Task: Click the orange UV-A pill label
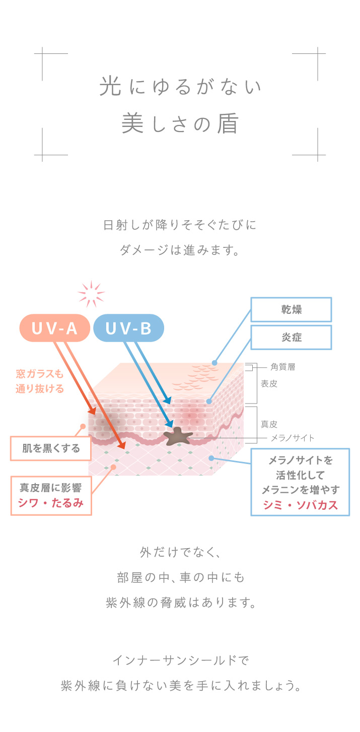tap(54, 328)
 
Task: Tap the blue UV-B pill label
tap(128, 328)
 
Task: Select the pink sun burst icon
tap(91, 294)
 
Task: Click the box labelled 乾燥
tap(291, 309)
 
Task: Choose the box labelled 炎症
tap(291, 337)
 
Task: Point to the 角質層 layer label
tap(282, 367)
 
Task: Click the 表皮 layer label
tap(269, 383)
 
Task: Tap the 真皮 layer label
tap(269, 424)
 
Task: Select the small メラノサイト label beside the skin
tap(292, 438)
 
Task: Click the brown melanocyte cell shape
tap(178, 436)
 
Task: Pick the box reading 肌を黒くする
tap(51, 448)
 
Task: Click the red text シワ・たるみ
tap(51, 502)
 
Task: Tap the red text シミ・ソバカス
tap(300, 505)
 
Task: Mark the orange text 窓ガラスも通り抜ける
tap(40, 381)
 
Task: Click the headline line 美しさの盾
tap(180, 124)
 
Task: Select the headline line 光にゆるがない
tap(180, 87)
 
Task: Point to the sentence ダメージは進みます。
tap(180, 250)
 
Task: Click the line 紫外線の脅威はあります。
tap(180, 603)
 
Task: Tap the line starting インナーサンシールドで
tap(180, 659)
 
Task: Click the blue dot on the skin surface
tap(214, 362)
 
